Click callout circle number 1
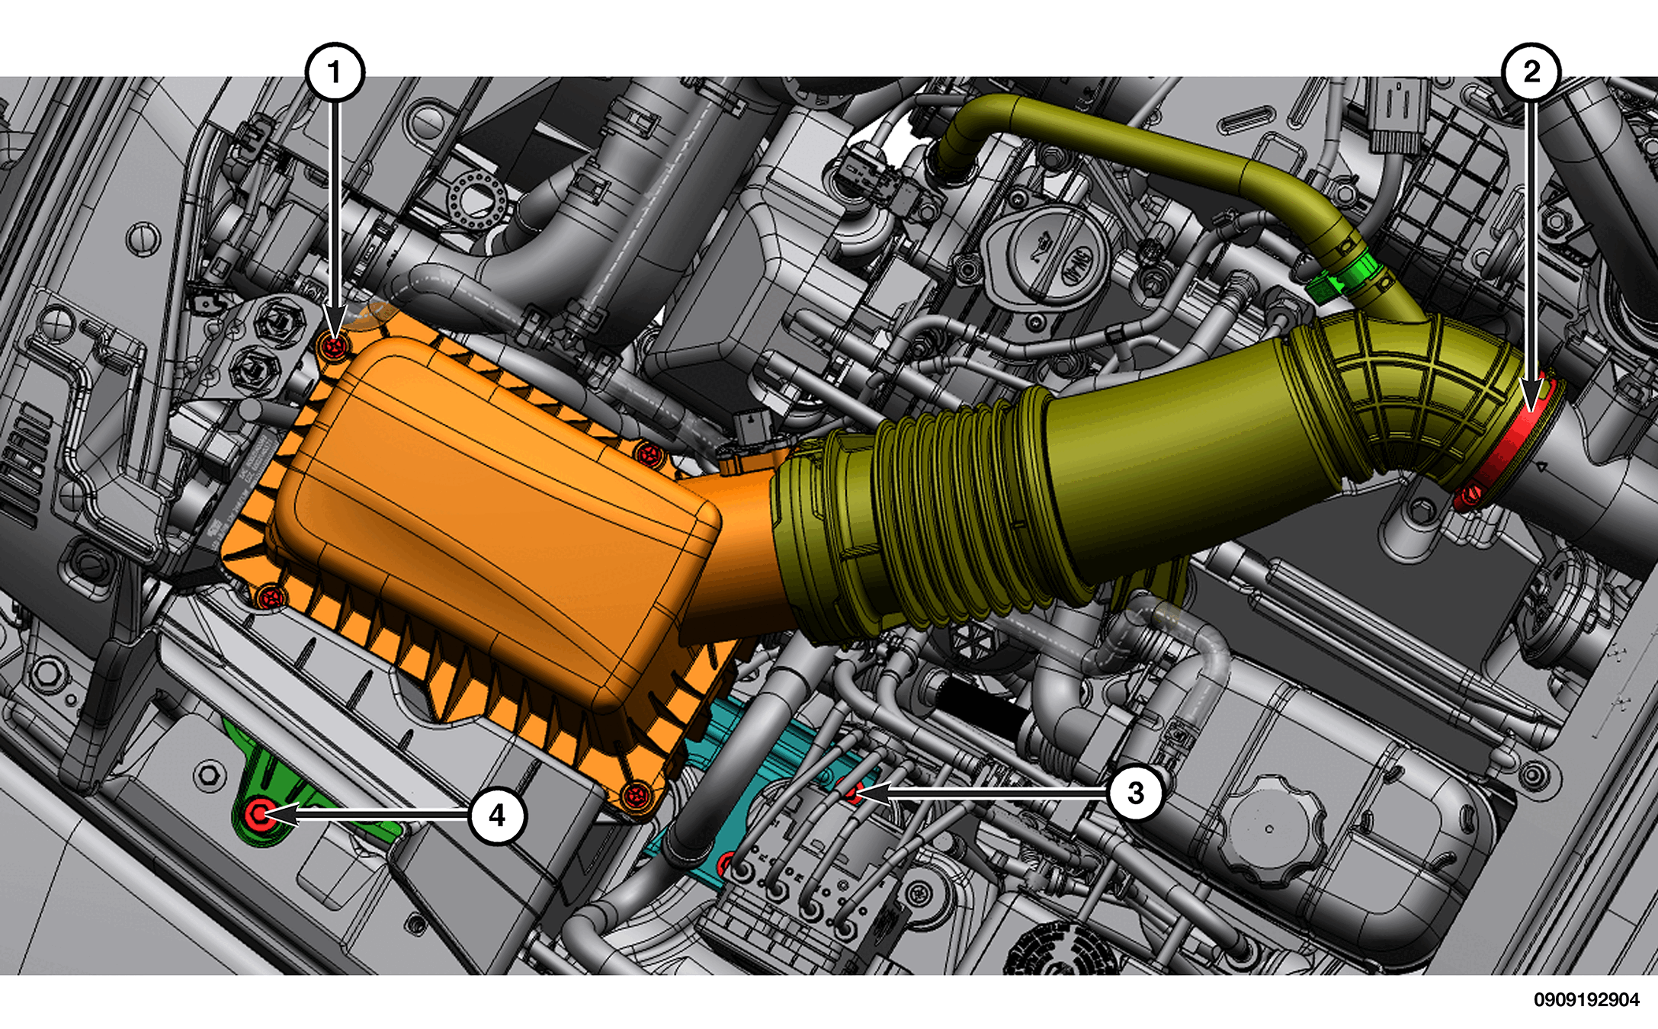[x=335, y=72]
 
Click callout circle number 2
[x=1531, y=72]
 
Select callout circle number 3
[x=1136, y=793]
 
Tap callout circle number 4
[x=497, y=816]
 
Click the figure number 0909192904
[x=1586, y=999]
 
